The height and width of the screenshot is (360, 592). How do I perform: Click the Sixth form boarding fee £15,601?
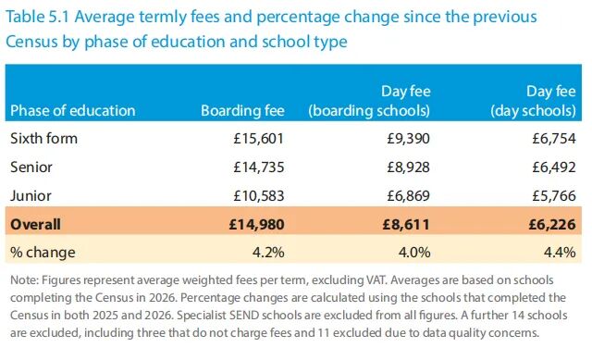click(x=258, y=139)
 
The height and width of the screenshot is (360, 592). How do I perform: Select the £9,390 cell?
click(x=408, y=139)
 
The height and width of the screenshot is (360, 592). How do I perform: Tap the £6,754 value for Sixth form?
click(x=554, y=139)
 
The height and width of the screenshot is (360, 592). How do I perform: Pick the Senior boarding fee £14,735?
click(x=259, y=167)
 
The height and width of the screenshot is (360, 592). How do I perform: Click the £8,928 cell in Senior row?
click(x=408, y=167)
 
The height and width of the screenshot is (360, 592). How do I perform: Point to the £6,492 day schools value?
click(x=554, y=167)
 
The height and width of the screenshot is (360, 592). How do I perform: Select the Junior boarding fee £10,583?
click(x=259, y=195)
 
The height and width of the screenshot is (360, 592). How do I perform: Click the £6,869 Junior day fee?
click(x=408, y=195)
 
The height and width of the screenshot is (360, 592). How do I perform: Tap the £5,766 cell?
click(x=554, y=195)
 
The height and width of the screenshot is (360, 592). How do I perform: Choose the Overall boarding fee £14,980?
click(x=257, y=224)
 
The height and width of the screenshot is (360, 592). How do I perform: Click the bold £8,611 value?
click(x=406, y=224)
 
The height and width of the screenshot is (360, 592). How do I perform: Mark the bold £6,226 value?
click(x=552, y=224)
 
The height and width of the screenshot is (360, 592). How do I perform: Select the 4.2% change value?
click(x=268, y=253)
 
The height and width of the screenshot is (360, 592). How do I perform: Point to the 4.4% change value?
click(x=560, y=253)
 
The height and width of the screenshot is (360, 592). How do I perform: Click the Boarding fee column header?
click(x=242, y=111)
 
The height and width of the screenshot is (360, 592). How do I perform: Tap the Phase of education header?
click(x=73, y=111)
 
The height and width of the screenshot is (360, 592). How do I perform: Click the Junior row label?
click(x=31, y=195)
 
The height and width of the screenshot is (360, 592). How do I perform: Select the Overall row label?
click(x=35, y=224)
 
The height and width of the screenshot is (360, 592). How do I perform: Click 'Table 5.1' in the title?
click(x=37, y=17)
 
